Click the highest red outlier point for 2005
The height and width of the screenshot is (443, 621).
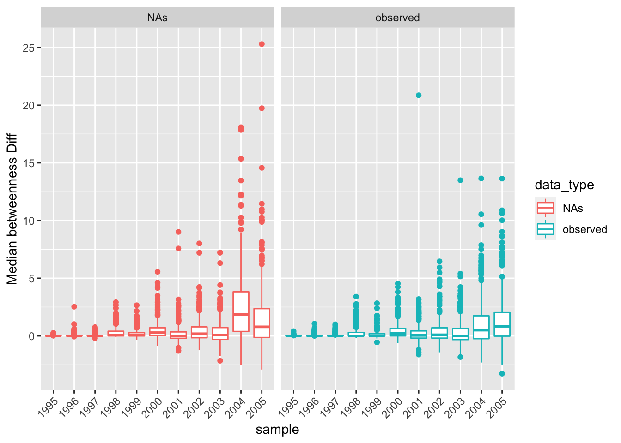[x=262, y=44]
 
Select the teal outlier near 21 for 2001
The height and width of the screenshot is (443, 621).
[x=419, y=95]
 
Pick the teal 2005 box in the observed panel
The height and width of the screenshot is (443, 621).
[x=502, y=324]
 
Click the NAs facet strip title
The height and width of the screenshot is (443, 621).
[x=157, y=18]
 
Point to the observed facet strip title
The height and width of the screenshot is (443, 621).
[x=397, y=18]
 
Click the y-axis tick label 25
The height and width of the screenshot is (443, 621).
[x=28, y=48]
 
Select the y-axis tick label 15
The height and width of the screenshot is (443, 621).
[x=28, y=163]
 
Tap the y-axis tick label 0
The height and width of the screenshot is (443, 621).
[x=31, y=336]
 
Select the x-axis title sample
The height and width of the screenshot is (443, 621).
[x=277, y=430]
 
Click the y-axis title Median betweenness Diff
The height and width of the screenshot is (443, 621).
[x=12, y=209]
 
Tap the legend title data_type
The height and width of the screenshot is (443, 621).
[x=564, y=185]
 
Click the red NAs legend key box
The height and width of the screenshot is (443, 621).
[x=546, y=208]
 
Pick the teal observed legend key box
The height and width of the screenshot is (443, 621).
[x=546, y=229]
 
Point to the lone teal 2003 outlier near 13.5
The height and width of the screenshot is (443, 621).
[x=460, y=180]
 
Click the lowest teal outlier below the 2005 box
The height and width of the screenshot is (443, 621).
[x=502, y=374]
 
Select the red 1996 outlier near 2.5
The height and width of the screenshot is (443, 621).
[x=74, y=306]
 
